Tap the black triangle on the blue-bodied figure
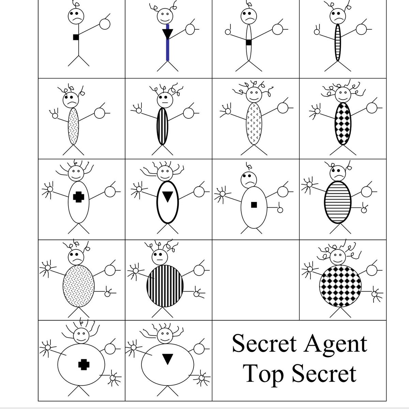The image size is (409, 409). (167, 33)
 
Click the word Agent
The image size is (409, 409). (335, 344)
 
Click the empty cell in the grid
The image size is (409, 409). (256, 280)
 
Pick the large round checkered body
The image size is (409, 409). (340, 286)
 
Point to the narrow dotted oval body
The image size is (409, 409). (73, 126)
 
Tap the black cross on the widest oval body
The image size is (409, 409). (84, 365)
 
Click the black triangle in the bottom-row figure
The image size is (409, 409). (167, 359)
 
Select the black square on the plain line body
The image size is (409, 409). (76, 37)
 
